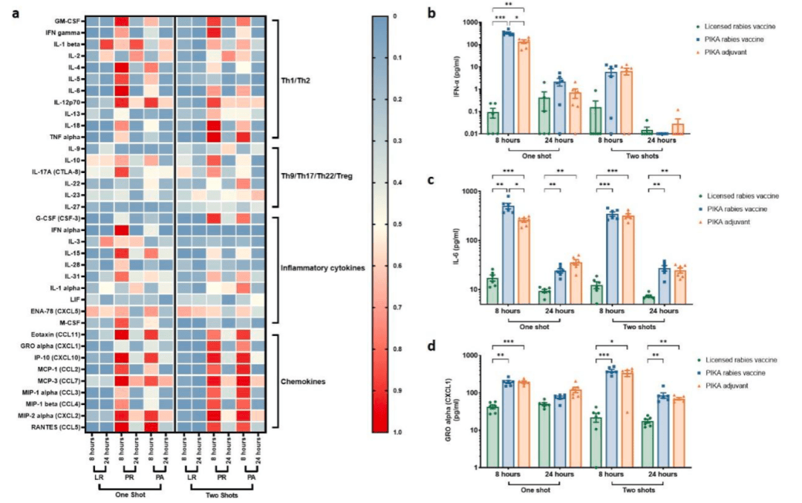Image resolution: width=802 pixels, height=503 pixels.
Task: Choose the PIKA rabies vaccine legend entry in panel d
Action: [x=735, y=371]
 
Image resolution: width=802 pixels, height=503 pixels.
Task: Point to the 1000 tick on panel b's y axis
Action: [x=472, y=23]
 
